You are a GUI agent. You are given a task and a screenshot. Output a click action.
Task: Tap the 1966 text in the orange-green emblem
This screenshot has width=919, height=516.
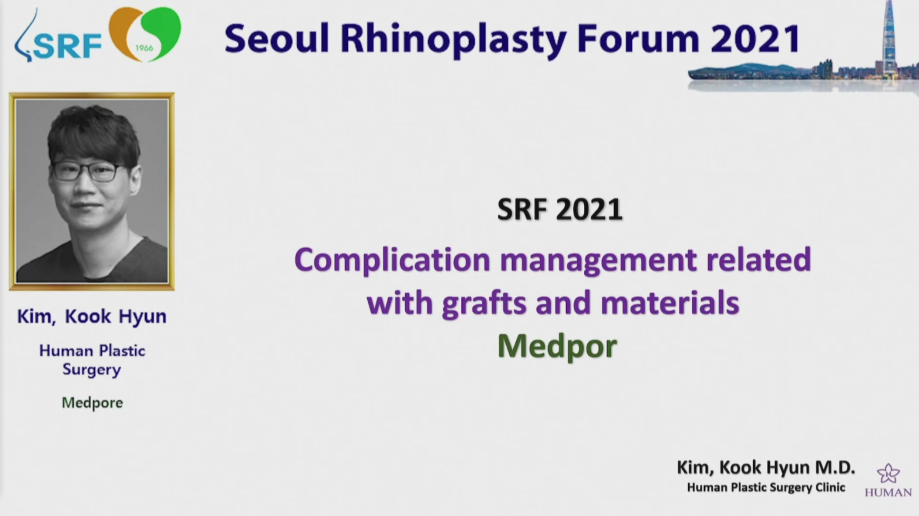(144, 48)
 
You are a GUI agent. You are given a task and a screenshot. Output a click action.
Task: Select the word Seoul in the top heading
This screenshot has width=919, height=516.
(277, 39)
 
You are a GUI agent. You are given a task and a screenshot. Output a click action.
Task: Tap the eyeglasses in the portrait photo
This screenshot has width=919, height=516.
(88, 171)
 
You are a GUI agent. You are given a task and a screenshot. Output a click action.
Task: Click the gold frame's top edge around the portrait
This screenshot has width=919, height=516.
(92, 95)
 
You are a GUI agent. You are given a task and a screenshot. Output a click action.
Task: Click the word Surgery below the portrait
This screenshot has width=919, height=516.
(92, 370)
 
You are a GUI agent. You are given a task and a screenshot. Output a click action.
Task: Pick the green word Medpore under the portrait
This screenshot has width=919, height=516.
(92, 403)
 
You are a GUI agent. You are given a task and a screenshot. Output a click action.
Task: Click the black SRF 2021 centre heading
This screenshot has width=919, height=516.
(560, 210)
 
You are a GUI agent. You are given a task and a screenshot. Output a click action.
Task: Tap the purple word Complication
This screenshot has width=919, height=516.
(393, 260)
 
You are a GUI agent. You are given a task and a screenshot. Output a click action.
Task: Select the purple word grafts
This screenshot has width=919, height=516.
(484, 303)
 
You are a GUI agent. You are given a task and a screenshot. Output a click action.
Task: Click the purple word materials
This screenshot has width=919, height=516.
(670, 303)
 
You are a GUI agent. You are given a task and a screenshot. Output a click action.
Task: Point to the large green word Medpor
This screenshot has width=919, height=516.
(557, 347)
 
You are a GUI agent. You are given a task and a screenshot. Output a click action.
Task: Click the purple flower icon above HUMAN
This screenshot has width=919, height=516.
(888, 474)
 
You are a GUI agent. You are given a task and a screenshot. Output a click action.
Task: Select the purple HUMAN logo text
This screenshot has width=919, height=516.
(888, 492)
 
